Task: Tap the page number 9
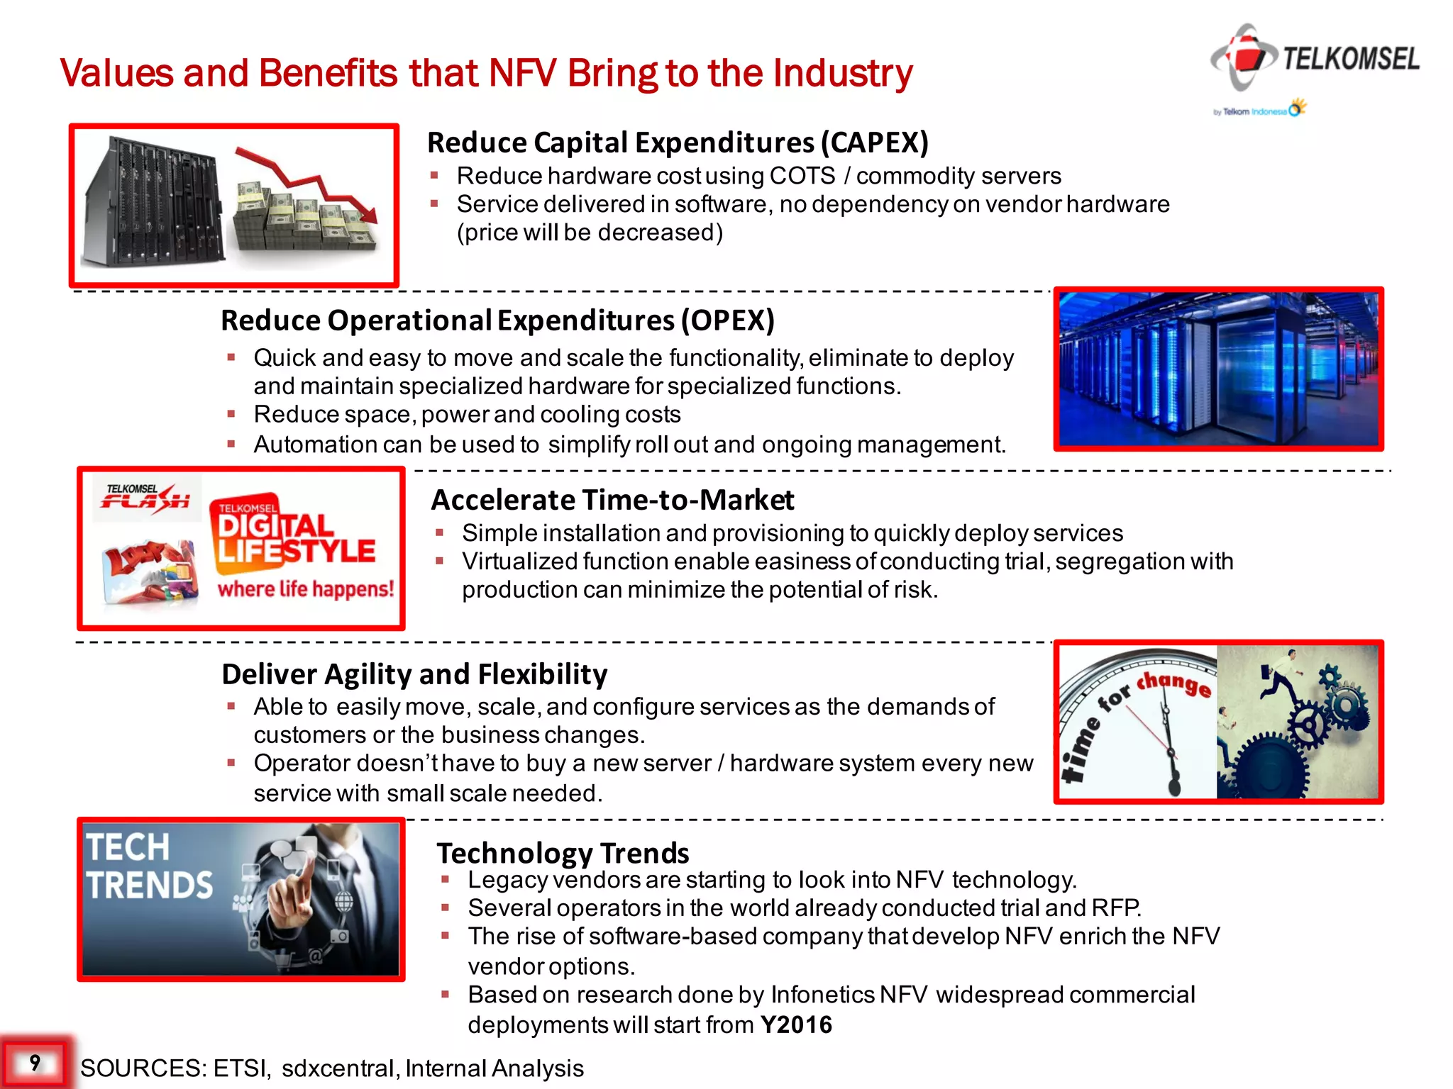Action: click(x=35, y=1062)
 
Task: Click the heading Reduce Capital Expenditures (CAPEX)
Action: click(x=678, y=143)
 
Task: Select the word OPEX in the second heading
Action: click(x=727, y=320)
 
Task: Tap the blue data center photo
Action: click(x=1218, y=369)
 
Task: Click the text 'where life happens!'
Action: click(x=305, y=589)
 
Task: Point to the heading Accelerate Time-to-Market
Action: click(x=612, y=500)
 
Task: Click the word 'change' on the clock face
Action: click(x=1174, y=683)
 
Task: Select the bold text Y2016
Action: click(x=796, y=1025)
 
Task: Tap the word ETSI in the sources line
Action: click(x=241, y=1068)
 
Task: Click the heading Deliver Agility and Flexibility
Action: click(x=414, y=674)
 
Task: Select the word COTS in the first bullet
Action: click(x=802, y=176)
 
